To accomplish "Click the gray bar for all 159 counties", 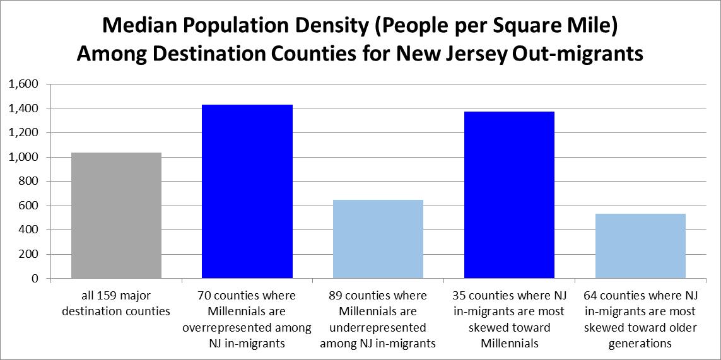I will coord(116,215).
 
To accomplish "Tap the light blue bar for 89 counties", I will coord(377,239).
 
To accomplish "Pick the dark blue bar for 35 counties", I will coord(509,195).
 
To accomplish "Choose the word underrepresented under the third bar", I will coord(377,328).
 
